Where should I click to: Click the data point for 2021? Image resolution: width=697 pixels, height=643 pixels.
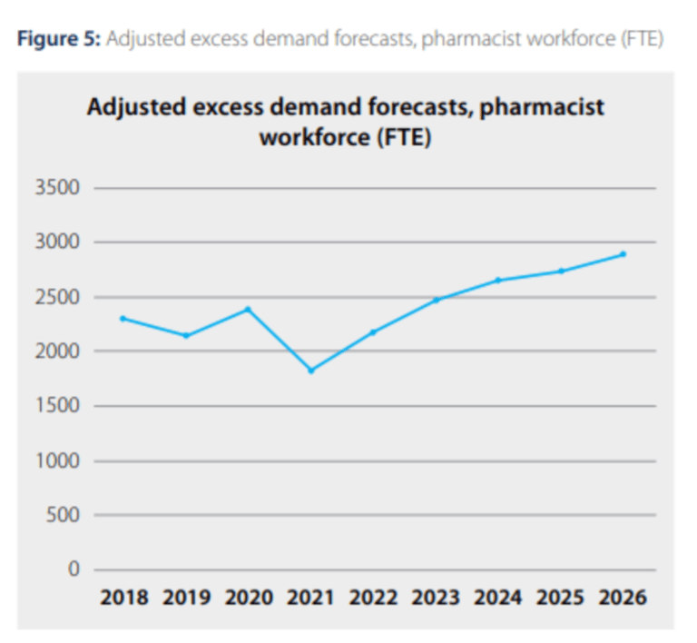pos(310,371)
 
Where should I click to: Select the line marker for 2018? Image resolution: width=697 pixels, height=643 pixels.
pos(123,318)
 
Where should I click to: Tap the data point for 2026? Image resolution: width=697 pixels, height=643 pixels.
pos(623,254)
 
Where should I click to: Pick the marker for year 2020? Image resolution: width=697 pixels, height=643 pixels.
pos(247,309)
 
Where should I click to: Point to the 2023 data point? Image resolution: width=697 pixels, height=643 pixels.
pos(436,300)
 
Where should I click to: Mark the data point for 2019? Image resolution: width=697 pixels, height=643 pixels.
pos(185,336)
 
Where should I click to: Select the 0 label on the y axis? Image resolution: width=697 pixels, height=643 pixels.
pos(74,570)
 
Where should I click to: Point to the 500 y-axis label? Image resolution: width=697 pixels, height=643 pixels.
pos(64,516)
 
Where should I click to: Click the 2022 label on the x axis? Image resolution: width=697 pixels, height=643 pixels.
pos(373,598)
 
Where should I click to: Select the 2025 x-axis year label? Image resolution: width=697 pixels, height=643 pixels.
pos(561,598)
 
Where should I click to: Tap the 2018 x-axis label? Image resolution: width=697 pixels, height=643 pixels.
pos(123,598)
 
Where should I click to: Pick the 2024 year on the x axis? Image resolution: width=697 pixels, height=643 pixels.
pos(498,598)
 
